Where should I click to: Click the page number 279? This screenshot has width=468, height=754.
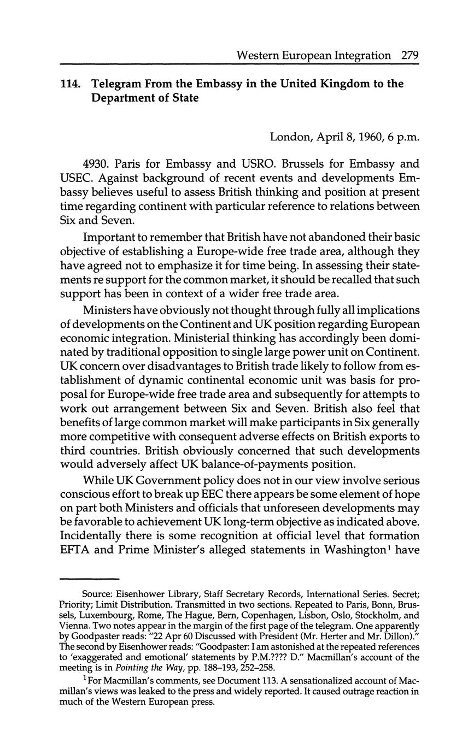(x=409, y=55)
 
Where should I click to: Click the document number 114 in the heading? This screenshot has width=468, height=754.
(x=71, y=84)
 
